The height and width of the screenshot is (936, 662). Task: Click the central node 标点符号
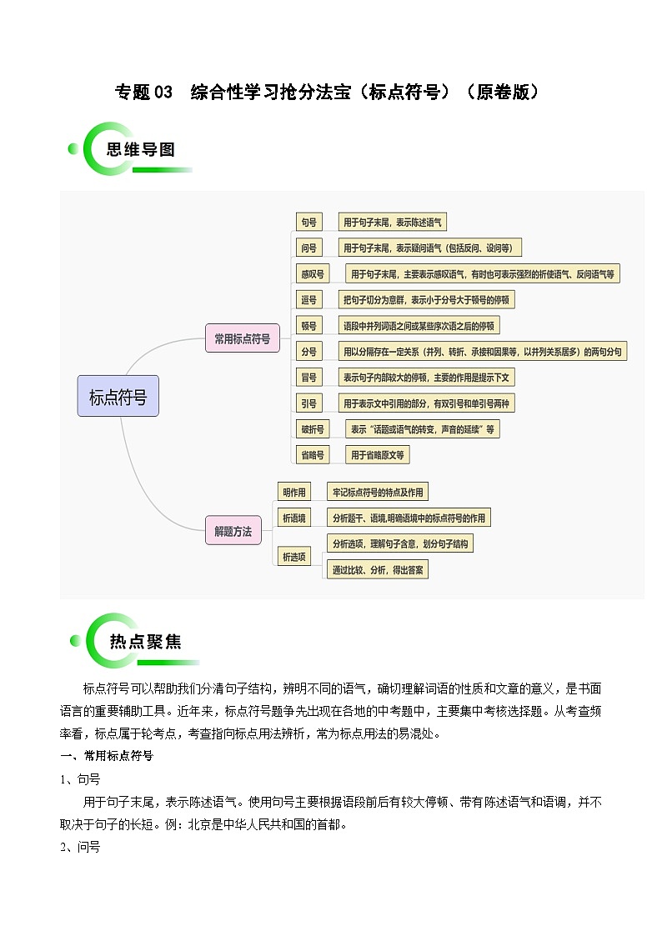(x=118, y=396)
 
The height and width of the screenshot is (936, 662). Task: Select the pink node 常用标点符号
(x=243, y=338)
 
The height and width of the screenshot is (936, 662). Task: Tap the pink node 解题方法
(x=233, y=531)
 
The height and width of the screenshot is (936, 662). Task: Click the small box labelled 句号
(x=308, y=222)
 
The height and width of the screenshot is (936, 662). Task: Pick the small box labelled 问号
(x=308, y=248)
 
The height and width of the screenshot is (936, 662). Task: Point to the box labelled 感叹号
(x=313, y=274)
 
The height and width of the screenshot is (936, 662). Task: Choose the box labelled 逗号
(x=308, y=300)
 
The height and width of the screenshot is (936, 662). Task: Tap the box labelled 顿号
(x=308, y=325)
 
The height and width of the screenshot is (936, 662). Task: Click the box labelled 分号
(x=308, y=352)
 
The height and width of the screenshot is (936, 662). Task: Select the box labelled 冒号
(x=308, y=378)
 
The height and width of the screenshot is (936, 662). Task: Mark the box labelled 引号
(x=308, y=403)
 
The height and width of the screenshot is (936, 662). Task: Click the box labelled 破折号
(x=313, y=429)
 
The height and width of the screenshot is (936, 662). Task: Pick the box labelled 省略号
(x=313, y=455)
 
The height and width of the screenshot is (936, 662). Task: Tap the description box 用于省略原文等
(x=377, y=455)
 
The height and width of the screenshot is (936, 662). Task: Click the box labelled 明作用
(x=294, y=492)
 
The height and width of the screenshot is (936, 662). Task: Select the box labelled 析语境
(x=294, y=518)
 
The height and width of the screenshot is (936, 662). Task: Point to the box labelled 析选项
(x=294, y=556)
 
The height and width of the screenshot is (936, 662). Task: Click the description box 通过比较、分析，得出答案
(x=378, y=569)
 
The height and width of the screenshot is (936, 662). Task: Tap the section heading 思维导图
(x=141, y=149)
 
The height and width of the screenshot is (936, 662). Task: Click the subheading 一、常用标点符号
(x=107, y=756)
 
